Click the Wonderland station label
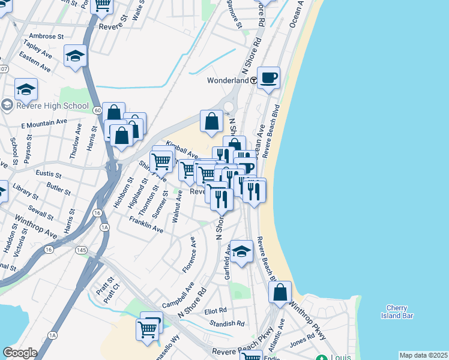(228, 80)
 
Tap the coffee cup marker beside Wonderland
(269, 77)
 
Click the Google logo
(20, 353)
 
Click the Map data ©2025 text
(423, 355)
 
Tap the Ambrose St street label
(46, 37)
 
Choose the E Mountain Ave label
(44, 123)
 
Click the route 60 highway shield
(97, 110)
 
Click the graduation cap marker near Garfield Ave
(241, 253)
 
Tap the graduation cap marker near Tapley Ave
(76, 56)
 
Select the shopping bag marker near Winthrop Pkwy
(280, 293)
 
